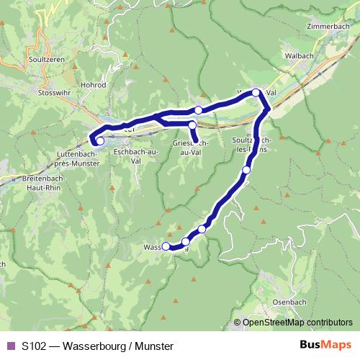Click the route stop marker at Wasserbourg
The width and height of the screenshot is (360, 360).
tap(166, 246)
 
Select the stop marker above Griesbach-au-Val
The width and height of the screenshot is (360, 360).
tap(192, 126)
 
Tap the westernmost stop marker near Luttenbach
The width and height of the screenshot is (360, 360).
tap(100, 141)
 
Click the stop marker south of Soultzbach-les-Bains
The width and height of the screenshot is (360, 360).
tap(246, 170)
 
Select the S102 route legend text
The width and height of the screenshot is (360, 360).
tap(97, 346)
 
